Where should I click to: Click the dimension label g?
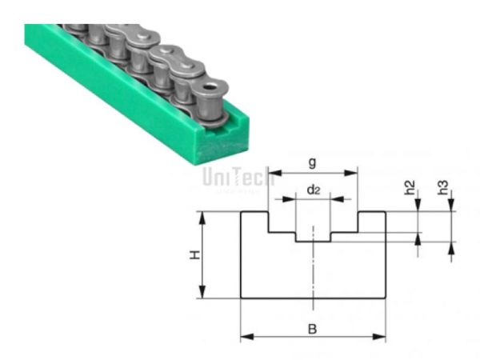(312, 162)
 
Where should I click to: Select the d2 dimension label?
(313, 190)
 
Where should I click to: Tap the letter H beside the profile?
(194, 255)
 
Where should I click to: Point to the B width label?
(313, 328)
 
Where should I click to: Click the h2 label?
(410, 190)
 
